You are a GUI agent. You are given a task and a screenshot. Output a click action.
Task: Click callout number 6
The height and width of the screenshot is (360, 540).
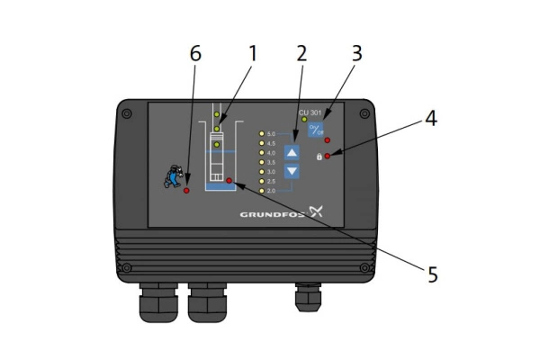196,54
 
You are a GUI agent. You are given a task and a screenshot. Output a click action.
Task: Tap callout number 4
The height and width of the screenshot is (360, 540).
432,118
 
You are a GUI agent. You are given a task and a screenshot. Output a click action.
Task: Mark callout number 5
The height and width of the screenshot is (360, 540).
433,274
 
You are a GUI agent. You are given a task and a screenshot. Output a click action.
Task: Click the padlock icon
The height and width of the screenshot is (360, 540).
318,157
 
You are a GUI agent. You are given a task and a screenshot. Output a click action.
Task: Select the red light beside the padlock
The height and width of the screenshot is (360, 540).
328,157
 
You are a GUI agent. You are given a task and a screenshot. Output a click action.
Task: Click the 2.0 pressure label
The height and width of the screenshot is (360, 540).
272,191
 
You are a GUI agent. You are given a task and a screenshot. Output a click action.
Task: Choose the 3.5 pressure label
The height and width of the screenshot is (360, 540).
272,162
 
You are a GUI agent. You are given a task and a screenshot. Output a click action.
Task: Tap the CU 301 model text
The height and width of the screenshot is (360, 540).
310,112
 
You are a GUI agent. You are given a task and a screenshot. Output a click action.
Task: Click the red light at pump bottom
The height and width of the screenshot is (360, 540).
230,182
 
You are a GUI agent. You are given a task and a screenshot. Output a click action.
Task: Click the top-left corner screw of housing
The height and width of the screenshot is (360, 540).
127,112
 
